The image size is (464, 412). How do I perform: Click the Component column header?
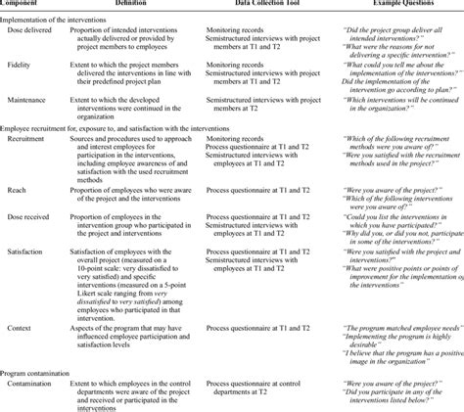(x=22, y=5)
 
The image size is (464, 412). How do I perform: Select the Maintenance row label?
(x=32, y=100)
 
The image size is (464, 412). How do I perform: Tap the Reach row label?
(x=22, y=194)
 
